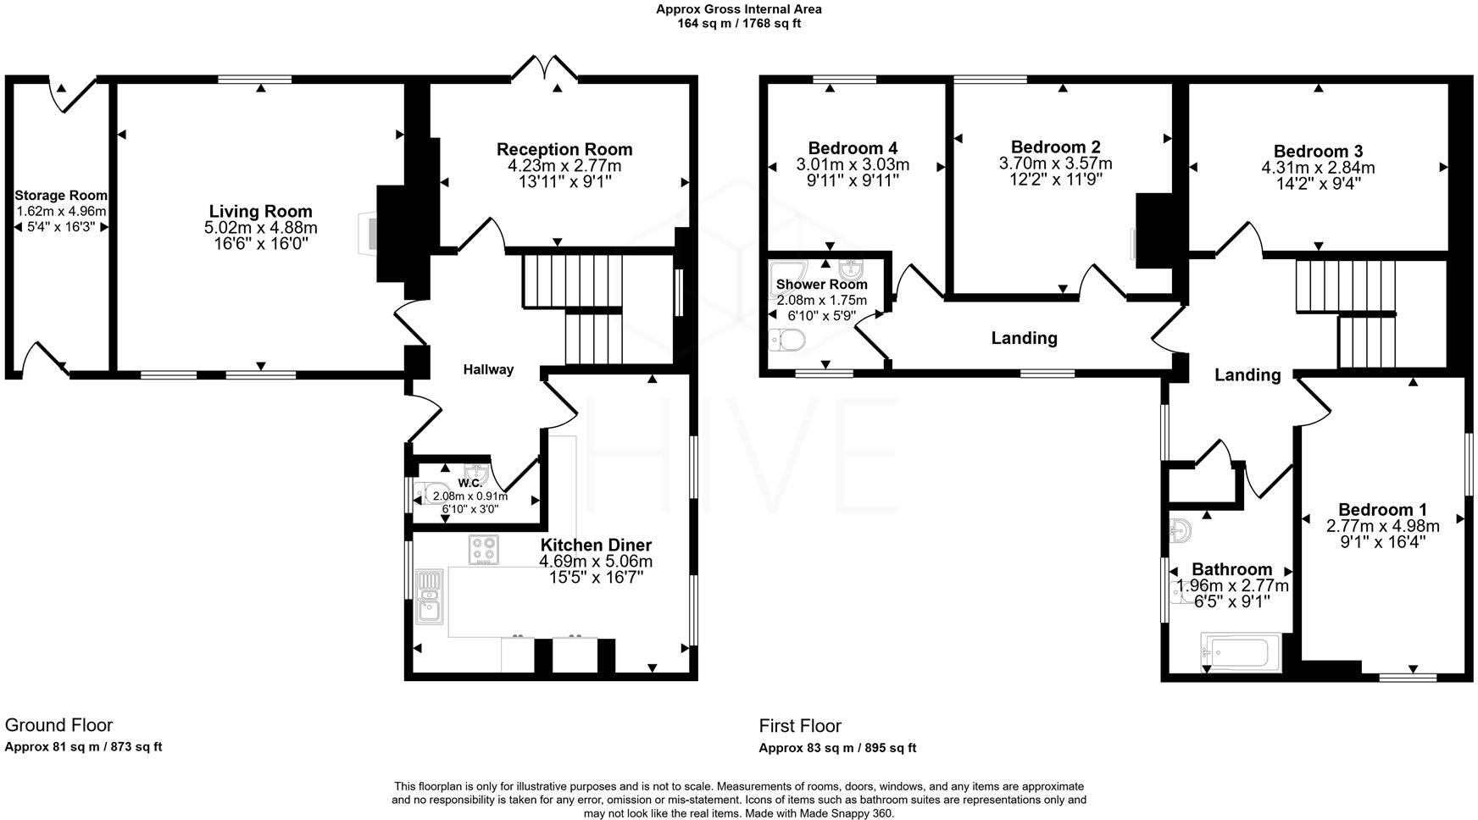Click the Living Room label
point(260,212)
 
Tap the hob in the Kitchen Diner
point(484,550)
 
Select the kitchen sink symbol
point(431,596)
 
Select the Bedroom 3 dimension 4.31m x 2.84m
point(1318,168)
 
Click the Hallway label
point(488,369)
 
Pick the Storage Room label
point(61,196)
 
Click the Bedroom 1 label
point(1382,510)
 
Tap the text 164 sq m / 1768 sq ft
point(738,24)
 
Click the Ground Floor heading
point(58,725)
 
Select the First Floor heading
point(800,726)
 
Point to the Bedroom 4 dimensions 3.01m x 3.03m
point(853,164)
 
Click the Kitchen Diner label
point(596,545)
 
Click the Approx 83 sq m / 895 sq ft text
point(836,748)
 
